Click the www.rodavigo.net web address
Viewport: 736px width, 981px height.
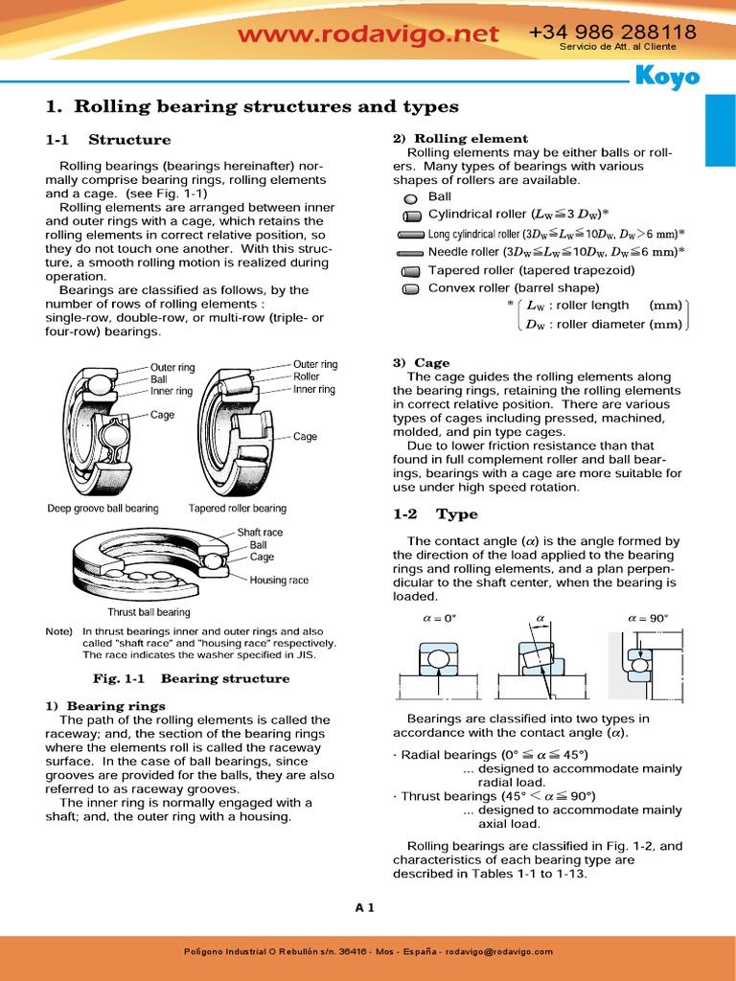coord(368,35)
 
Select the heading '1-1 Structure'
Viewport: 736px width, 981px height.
coord(108,140)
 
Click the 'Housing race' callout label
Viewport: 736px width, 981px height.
coord(279,580)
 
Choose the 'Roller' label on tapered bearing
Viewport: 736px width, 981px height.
coord(307,376)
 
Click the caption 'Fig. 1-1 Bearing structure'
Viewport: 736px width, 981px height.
coord(191,678)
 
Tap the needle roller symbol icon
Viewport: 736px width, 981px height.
coord(410,253)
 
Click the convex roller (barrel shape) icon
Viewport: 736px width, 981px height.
coord(411,288)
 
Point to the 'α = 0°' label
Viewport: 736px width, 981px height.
coord(439,618)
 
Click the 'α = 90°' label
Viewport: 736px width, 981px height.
coord(648,618)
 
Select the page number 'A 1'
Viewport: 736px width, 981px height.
coord(364,907)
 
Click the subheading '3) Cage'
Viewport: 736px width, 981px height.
coord(421,363)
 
